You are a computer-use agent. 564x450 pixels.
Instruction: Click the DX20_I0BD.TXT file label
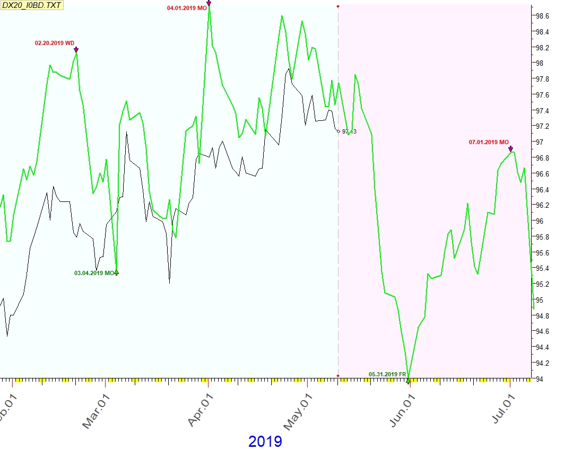pyautogui.click(x=32, y=6)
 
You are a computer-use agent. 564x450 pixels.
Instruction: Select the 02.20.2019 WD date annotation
pyautogui.click(x=55, y=43)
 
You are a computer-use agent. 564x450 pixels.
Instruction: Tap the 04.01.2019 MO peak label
pyautogui.click(x=187, y=8)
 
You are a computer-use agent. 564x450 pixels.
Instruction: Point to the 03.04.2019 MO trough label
pyautogui.click(x=94, y=273)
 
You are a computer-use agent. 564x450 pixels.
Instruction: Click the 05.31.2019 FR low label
pyautogui.click(x=387, y=374)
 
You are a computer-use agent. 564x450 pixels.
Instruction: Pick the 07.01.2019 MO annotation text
pyautogui.click(x=489, y=142)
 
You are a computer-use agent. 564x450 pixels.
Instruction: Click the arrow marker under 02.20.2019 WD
pyautogui.click(x=76, y=50)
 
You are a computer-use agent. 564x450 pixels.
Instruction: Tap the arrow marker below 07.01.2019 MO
pyautogui.click(x=510, y=149)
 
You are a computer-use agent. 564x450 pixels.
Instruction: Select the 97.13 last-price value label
pyautogui.click(x=349, y=131)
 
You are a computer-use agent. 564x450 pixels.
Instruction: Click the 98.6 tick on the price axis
pyautogui.click(x=542, y=16)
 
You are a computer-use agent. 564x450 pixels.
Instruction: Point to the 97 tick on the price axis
pyautogui.click(x=539, y=142)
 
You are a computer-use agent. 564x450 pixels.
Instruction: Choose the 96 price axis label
pyautogui.click(x=539, y=221)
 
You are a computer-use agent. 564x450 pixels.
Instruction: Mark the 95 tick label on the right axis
pyautogui.click(x=539, y=300)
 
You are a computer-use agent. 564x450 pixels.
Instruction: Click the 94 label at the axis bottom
pyautogui.click(x=539, y=378)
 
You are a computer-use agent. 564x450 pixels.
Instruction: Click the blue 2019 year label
pyautogui.click(x=265, y=441)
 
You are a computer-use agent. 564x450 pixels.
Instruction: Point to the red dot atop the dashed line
pyautogui.click(x=338, y=6)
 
